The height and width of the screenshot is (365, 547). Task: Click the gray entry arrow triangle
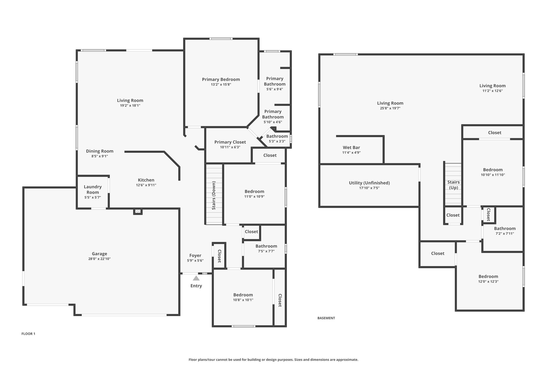tap(196, 278)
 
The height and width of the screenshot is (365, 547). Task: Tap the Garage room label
tap(100, 254)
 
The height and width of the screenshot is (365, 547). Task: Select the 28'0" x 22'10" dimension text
tap(100, 259)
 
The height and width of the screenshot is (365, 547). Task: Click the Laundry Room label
tap(93, 189)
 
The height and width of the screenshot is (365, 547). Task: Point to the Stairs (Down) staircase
tap(214, 194)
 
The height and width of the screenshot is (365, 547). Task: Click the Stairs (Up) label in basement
tap(454, 185)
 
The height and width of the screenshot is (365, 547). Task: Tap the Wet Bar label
tap(351, 147)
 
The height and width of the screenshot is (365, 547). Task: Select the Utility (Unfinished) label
tap(369, 183)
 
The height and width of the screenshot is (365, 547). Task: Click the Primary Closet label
tap(230, 142)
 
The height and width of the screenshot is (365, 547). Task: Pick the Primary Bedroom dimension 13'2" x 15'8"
tap(221, 84)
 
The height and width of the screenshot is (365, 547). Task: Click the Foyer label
tap(195, 256)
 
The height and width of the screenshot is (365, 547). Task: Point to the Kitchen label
tap(146, 180)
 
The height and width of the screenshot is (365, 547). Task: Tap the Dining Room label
tap(100, 151)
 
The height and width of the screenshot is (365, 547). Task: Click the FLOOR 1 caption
tap(28, 334)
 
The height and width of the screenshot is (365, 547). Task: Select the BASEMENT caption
tap(326, 318)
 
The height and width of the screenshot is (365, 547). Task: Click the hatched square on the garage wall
tap(138, 212)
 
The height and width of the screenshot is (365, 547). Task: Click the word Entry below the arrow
tap(196, 286)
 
